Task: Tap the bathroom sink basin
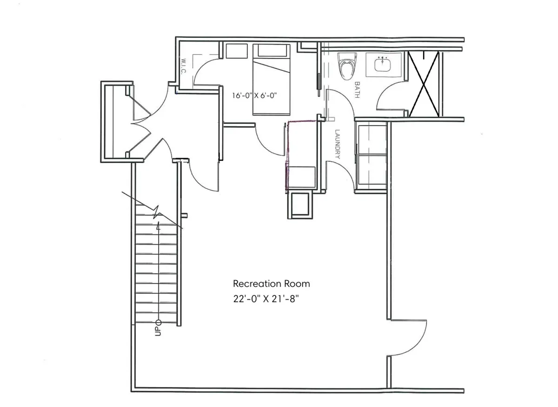pos(384,64)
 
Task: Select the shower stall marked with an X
pos(424,84)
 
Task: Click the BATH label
pos(358,90)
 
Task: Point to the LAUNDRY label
pos(337,144)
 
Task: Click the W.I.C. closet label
pos(182,67)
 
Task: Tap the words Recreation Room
pos(271,284)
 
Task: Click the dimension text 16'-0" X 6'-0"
pos(255,96)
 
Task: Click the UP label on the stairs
pos(158,328)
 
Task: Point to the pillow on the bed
pos(271,51)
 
